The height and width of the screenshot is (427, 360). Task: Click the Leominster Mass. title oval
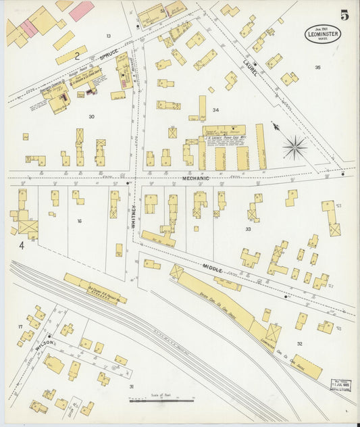[x=317, y=33]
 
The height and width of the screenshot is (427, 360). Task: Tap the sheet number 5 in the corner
[x=344, y=15]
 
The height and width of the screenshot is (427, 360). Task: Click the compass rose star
[x=295, y=147]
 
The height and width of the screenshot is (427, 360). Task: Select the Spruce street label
[x=109, y=53]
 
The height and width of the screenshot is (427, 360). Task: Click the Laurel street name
[x=248, y=68]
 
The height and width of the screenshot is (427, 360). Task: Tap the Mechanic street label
[x=195, y=178]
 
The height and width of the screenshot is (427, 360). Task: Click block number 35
[x=317, y=68]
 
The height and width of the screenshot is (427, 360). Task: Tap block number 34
[x=215, y=109]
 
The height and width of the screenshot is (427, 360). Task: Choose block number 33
[x=249, y=230]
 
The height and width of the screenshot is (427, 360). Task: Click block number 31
[x=131, y=386]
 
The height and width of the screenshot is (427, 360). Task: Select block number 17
[x=20, y=327]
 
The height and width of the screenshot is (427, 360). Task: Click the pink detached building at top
[x=81, y=10]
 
